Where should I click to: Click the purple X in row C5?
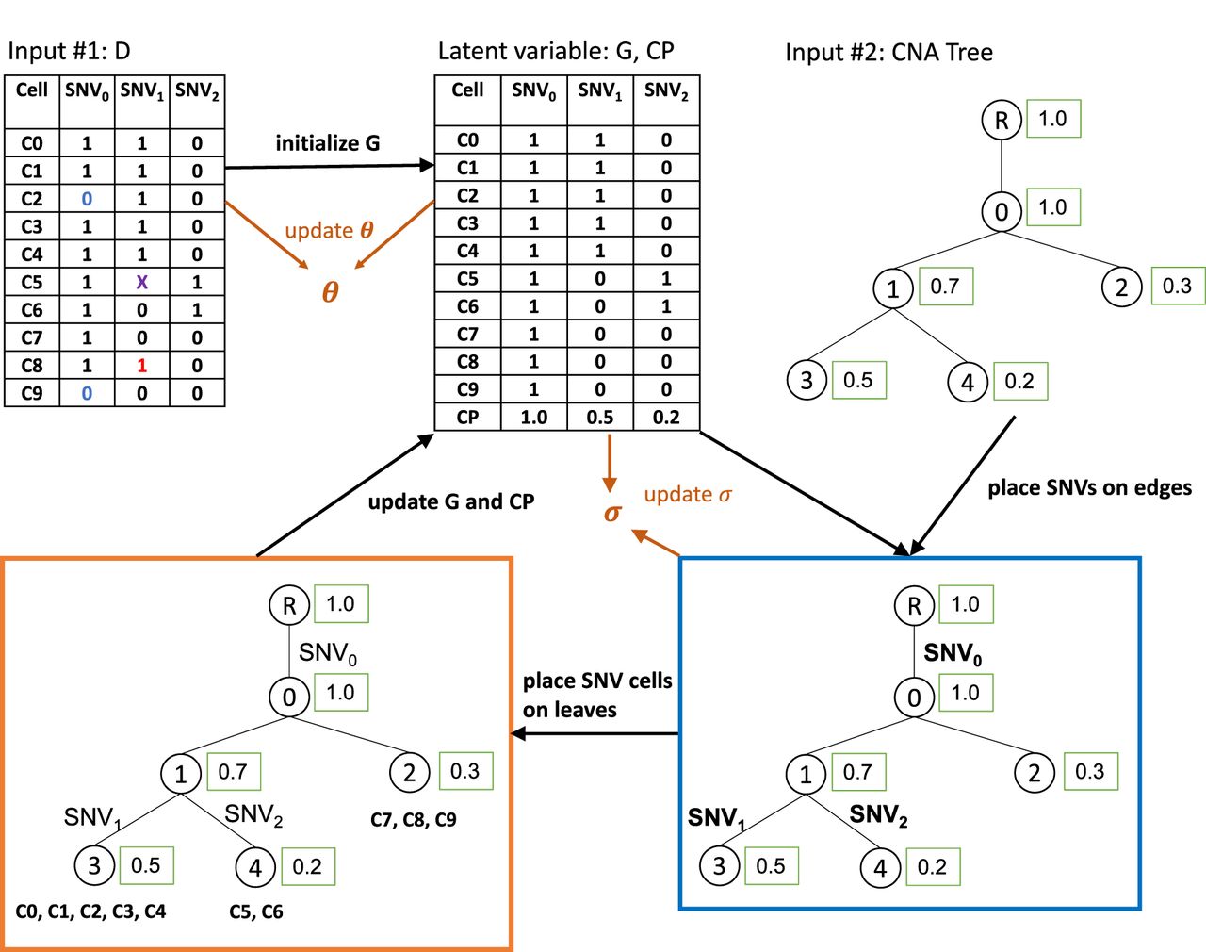pos(142,282)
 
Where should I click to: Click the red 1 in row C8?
pos(142,366)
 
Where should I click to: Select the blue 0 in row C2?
pos(87,199)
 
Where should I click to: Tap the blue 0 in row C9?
pos(87,393)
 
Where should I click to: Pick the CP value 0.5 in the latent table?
pos(600,417)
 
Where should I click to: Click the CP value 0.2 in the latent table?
pos(666,417)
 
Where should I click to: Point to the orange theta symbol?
pos(330,292)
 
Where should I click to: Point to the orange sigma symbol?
pos(612,513)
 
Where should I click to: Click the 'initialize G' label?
pos(328,143)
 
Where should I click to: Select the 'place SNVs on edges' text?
pos(1089,487)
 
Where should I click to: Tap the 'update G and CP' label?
pos(450,501)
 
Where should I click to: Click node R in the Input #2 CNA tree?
pos(1002,121)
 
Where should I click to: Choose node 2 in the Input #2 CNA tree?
pos(1121,287)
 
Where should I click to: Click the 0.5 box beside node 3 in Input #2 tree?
pos(858,380)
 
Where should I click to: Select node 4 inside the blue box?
pos(880,867)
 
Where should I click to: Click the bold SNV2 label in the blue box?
pos(878,815)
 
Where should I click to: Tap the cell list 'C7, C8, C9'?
pos(414,819)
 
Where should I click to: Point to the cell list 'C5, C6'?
pos(256,911)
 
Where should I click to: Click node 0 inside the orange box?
pos(289,697)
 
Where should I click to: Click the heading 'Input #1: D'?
pos(69,51)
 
